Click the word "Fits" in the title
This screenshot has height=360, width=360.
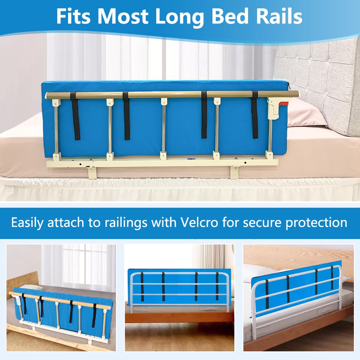[73, 16]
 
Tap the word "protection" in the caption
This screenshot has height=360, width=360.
[316, 222]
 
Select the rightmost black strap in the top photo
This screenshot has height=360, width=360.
[255, 114]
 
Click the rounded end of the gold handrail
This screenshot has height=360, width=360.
[295, 94]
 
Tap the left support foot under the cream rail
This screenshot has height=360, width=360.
[92, 172]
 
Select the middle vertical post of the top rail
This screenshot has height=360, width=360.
[164, 126]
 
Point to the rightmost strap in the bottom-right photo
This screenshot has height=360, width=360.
[332, 278]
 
